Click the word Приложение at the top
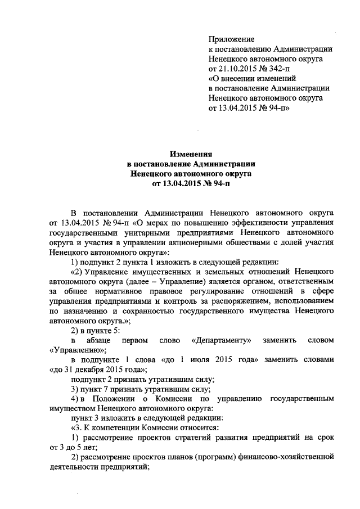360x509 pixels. (x=231, y=39)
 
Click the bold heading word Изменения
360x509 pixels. (x=191, y=154)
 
